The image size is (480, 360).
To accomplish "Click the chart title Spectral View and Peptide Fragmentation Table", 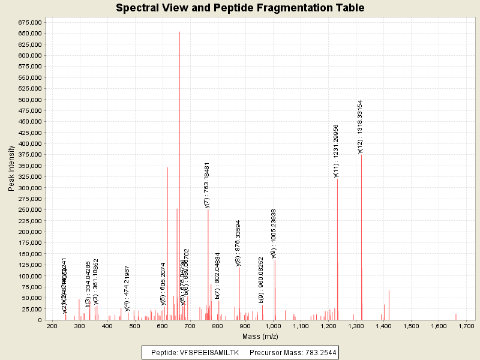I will click(240, 8).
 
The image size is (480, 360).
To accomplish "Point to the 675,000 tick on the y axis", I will click(29, 22).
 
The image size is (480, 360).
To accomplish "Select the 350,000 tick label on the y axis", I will click(29, 166).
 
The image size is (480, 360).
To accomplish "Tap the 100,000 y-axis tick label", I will click(29, 276).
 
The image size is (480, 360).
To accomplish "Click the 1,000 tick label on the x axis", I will click(273, 326).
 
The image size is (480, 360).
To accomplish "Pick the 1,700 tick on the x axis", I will click(466, 326).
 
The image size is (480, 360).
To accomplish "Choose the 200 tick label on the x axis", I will click(52, 326).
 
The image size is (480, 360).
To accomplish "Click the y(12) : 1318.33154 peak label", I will click(361, 127).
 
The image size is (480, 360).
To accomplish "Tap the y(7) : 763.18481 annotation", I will click(207, 184).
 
